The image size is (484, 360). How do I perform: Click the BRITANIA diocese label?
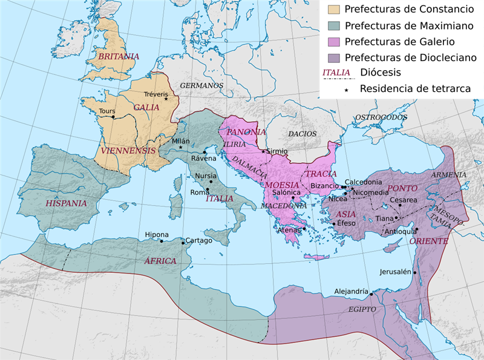pyautogui.click(x=119, y=56)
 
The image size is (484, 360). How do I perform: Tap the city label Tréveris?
pyautogui.click(x=157, y=94)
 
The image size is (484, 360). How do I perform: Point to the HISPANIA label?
pyautogui.click(x=67, y=203)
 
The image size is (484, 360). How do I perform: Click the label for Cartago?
pyautogui.click(x=198, y=240)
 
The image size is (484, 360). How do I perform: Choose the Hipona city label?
pyautogui.click(x=157, y=235)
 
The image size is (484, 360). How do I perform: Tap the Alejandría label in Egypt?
pyautogui.click(x=351, y=292)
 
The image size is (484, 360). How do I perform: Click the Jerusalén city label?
pyautogui.click(x=396, y=272)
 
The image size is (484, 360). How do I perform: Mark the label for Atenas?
pyautogui.click(x=289, y=230)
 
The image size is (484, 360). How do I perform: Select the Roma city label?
pyautogui.click(x=200, y=192)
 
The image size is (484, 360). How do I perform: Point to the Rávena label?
pyautogui.click(x=203, y=159)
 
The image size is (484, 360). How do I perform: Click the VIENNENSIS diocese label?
pyautogui.click(x=128, y=150)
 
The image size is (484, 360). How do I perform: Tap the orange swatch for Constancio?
pyautogui.click(x=333, y=9)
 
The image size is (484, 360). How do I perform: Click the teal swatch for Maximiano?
pyautogui.click(x=333, y=25)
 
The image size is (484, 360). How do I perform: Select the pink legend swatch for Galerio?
pyautogui.click(x=333, y=42)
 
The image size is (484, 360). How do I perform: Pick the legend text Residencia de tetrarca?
pyautogui.click(x=415, y=89)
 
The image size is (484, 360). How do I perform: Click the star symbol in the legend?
pyautogui.click(x=347, y=90)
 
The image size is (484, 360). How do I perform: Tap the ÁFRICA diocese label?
pyautogui.click(x=160, y=261)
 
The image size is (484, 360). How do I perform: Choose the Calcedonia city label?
pyautogui.click(x=363, y=182)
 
